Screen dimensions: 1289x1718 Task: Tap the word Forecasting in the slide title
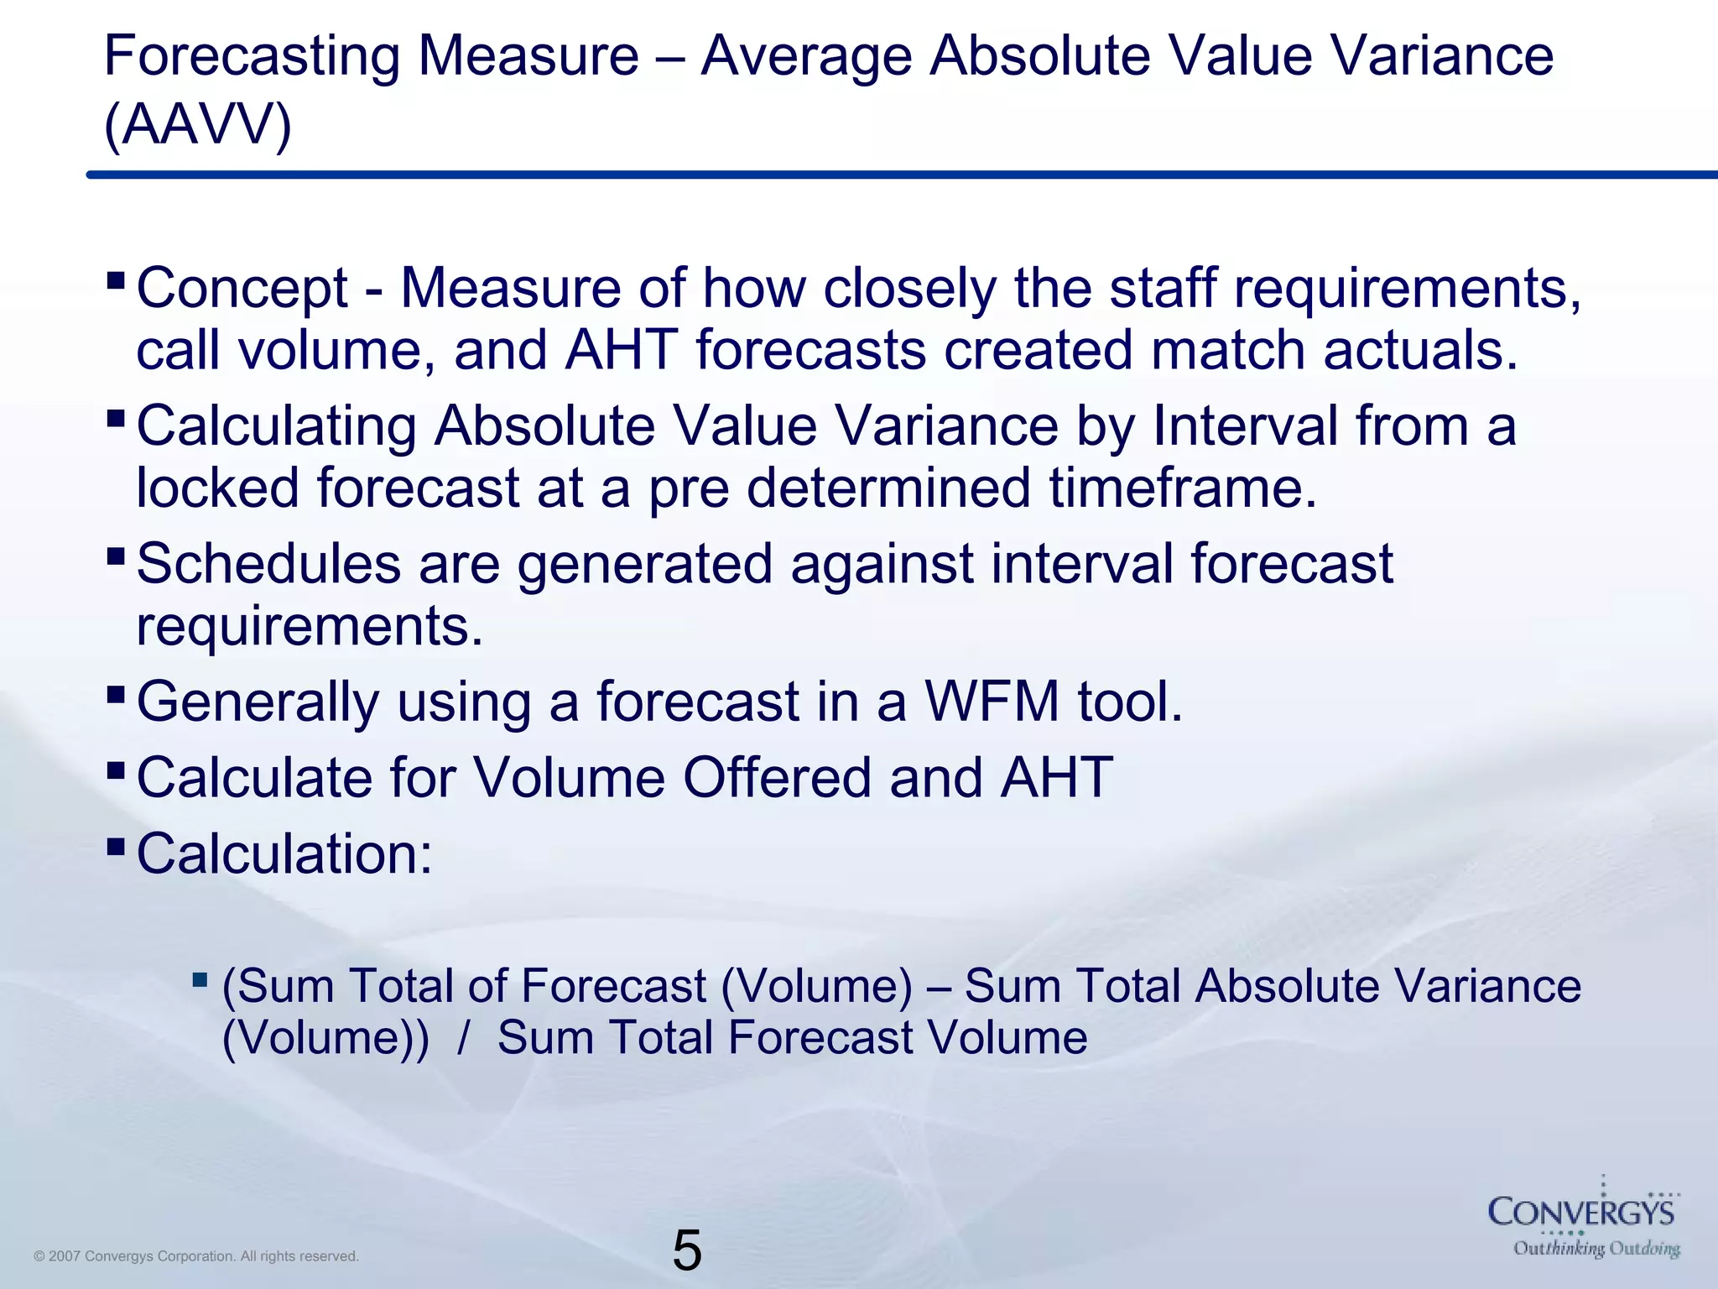(252, 57)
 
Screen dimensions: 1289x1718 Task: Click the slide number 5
(686, 1250)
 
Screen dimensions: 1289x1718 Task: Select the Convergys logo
(1582, 1212)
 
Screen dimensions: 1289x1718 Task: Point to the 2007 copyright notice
(196, 1256)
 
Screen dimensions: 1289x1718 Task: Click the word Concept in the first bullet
(242, 288)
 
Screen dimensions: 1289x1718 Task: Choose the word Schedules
(268, 563)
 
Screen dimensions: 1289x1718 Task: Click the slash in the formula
(463, 1038)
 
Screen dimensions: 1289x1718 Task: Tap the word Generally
(258, 702)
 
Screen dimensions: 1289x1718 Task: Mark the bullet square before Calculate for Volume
(117, 770)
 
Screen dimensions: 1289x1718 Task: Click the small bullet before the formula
(200, 979)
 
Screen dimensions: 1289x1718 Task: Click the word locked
(217, 488)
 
